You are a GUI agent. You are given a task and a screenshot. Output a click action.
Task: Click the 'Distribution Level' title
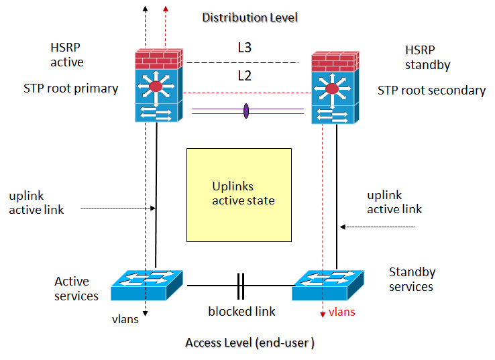(250, 17)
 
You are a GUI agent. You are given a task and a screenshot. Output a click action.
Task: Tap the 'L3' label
(244, 48)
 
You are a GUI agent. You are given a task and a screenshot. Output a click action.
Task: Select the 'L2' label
(244, 76)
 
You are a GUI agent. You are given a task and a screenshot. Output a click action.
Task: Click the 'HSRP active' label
(67, 55)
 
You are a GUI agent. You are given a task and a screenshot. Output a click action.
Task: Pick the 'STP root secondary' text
(431, 91)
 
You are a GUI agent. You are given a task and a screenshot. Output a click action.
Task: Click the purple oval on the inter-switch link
(245, 111)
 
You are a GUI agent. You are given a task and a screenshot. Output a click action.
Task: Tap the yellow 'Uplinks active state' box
(239, 194)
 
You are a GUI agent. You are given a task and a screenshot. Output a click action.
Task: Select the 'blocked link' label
(241, 312)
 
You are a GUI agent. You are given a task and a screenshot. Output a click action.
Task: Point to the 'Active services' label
(76, 288)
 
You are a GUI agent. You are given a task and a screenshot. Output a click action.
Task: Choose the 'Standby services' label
(412, 279)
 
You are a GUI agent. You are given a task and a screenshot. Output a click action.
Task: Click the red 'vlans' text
(341, 312)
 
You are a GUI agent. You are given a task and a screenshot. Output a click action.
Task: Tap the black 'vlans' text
(125, 319)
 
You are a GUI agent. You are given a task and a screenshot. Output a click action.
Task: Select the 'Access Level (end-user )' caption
(250, 343)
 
